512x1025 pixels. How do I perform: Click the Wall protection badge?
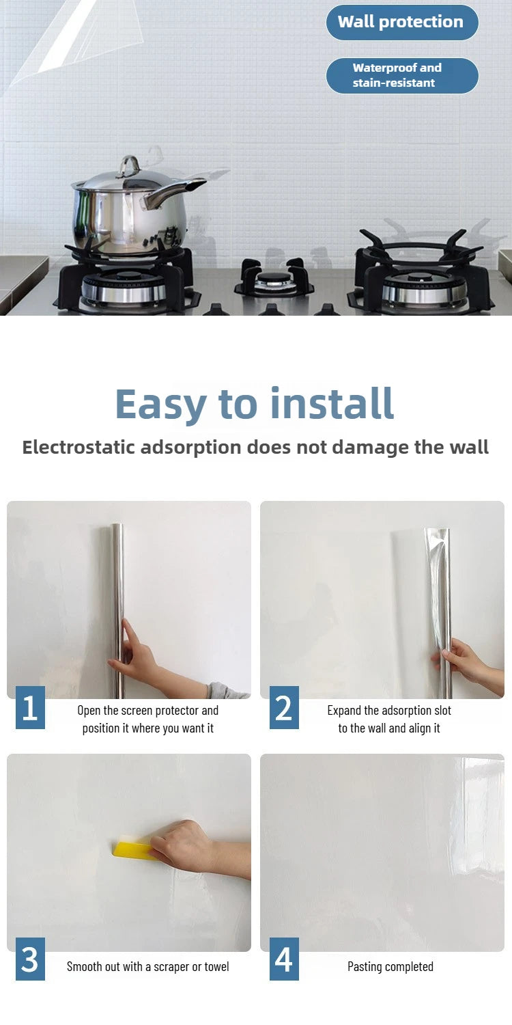pyautogui.click(x=402, y=23)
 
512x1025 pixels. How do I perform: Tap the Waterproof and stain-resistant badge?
pyautogui.click(x=402, y=75)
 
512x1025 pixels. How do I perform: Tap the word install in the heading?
pyautogui.click(x=332, y=402)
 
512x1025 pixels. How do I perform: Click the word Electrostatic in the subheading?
pyautogui.click(x=79, y=447)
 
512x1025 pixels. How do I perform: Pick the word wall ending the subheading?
pyautogui.click(x=470, y=447)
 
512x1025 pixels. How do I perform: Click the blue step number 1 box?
pyautogui.click(x=30, y=707)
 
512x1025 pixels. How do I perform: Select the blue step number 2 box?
pyautogui.click(x=284, y=707)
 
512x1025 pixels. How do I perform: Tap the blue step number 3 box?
pyautogui.click(x=30, y=959)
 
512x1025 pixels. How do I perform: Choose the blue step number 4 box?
pyautogui.click(x=284, y=959)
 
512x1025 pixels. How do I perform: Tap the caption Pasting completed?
pyautogui.click(x=390, y=966)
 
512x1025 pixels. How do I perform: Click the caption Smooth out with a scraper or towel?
pyautogui.click(x=148, y=966)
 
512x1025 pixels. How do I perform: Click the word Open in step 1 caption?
pyautogui.click(x=89, y=711)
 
